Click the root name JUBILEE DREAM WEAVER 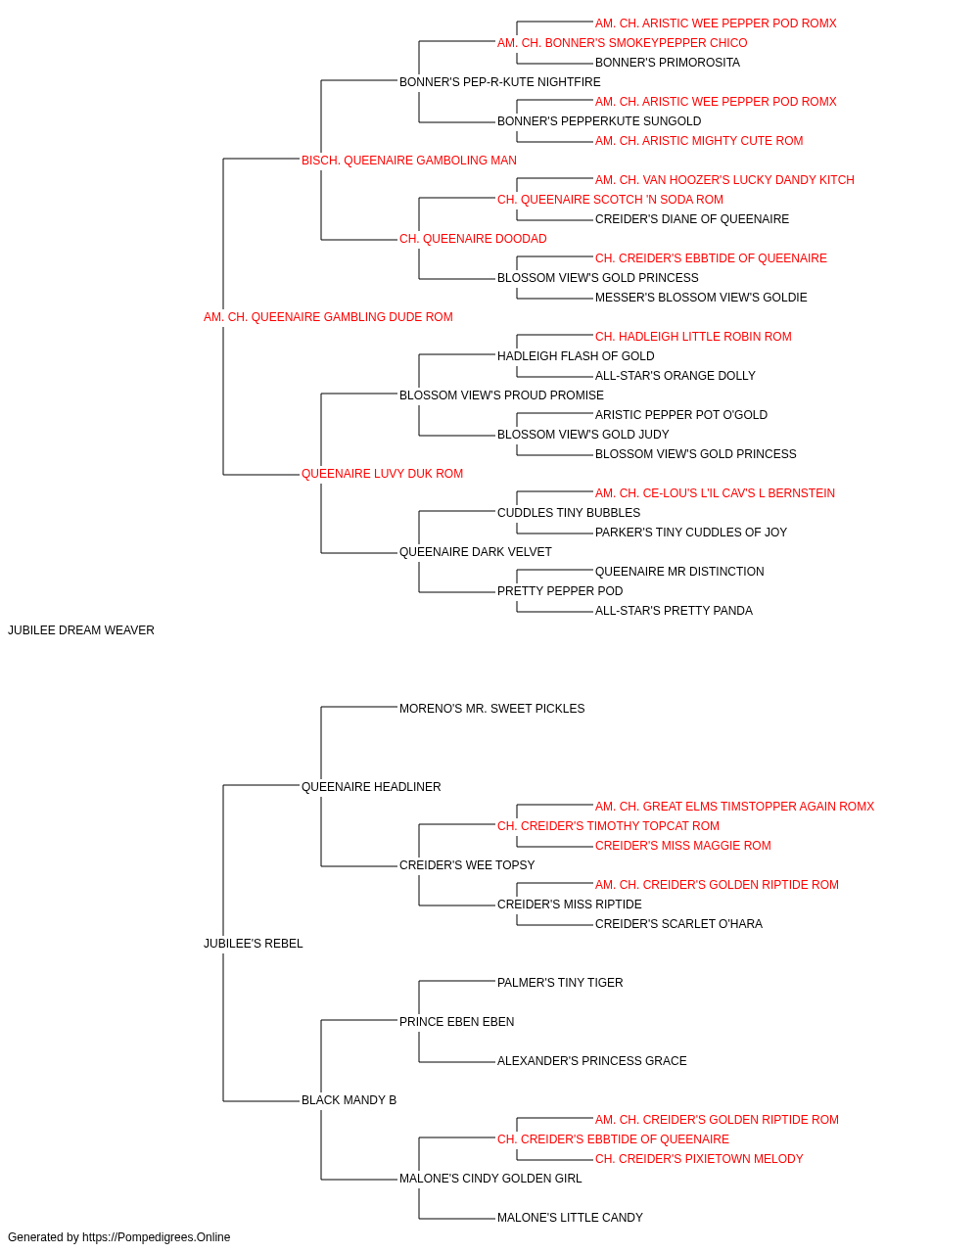click(x=80, y=630)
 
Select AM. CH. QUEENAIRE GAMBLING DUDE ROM click(x=328, y=317)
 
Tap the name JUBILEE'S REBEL click(x=254, y=944)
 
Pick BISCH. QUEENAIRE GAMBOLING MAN click(x=409, y=161)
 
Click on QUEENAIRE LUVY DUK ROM click(x=382, y=474)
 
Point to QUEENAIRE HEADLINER click(x=371, y=786)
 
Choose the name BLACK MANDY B click(x=349, y=1099)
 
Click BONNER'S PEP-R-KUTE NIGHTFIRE click(x=500, y=82)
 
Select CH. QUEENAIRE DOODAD click(x=473, y=239)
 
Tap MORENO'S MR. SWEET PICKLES click(x=491, y=708)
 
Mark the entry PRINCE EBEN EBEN click(x=456, y=1022)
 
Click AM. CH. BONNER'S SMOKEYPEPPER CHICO click(x=622, y=43)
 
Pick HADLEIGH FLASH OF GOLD click(x=576, y=355)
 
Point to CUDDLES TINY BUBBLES click(x=569, y=513)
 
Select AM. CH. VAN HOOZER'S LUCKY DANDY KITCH click(x=724, y=180)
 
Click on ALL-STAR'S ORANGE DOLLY click(x=676, y=375)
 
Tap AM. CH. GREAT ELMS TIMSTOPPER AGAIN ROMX click(x=734, y=806)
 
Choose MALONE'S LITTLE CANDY click(x=570, y=1217)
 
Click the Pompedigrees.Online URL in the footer click(x=156, y=1237)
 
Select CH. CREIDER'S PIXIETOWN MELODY click(x=699, y=1158)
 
